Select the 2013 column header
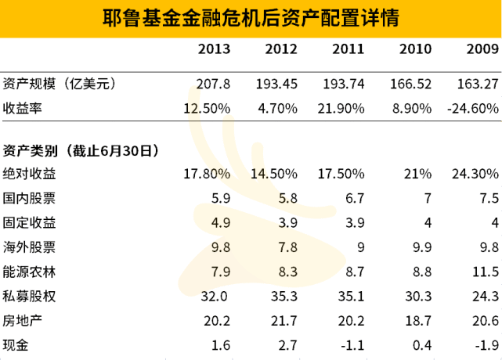coord(214,49)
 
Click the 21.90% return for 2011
coord(344,108)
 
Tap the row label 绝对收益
coord(29,173)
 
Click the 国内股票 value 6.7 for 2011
coord(355,198)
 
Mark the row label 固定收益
coord(29,222)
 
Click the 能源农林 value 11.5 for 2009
coord(487,272)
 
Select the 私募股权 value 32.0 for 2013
coord(218,297)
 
